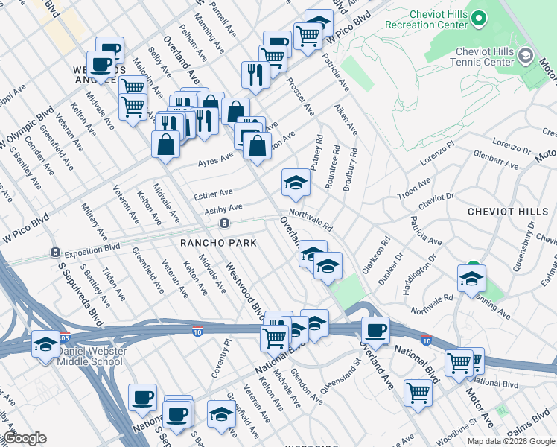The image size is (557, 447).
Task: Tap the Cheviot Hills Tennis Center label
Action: (x=474, y=57)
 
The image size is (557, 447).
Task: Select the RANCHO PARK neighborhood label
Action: (x=218, y=243)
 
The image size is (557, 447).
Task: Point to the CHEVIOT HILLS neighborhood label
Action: (x=507, y=212)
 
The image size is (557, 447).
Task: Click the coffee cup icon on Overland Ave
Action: (x=375, y=330)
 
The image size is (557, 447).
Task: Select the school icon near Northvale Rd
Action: (x=471, y=279)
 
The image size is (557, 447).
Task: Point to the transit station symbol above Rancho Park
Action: (x=223, y=223)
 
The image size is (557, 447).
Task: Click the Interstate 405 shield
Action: (x=66, y=337)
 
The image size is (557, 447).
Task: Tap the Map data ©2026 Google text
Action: (x=510, y=440)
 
